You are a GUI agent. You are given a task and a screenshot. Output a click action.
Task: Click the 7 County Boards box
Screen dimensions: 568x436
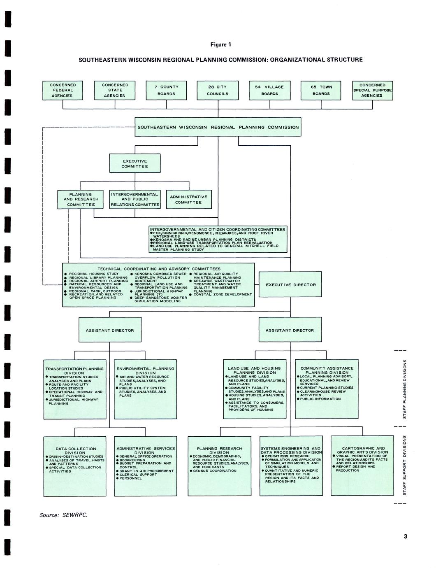tap(167, 90)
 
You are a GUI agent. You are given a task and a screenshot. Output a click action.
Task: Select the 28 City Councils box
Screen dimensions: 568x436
tap(218, 90)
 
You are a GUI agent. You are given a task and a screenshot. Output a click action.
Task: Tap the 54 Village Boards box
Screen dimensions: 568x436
tap(269, 90)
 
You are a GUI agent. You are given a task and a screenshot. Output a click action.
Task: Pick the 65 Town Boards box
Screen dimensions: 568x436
tap(321, 90)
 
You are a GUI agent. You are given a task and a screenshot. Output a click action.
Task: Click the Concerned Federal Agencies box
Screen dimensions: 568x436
tap(63, 90)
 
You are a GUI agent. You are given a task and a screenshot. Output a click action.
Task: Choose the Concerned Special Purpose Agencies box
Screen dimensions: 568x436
tap(372, 90)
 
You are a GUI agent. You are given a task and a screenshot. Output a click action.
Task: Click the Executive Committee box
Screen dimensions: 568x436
tap(135, 163)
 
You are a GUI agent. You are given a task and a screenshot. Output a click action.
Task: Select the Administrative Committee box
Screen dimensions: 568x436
tap(189, 199)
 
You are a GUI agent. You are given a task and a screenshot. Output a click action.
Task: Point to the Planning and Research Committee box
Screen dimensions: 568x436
tap(81, 199)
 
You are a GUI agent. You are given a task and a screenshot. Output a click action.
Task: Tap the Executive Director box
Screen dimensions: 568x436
tap(291, 285)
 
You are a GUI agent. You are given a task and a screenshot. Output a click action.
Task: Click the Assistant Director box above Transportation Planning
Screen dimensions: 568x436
tap(110, 330)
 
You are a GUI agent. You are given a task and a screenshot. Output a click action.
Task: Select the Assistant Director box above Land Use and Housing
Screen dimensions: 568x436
tap(290, 330)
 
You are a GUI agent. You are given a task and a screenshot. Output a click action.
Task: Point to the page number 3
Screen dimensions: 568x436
tap(405, 536)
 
